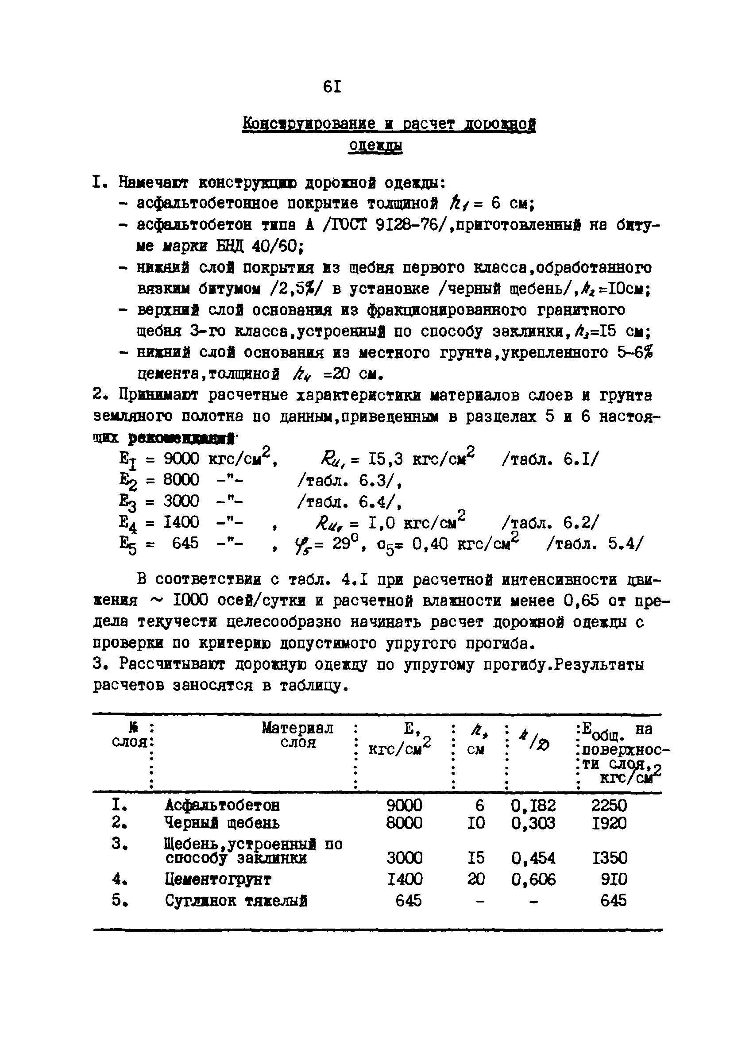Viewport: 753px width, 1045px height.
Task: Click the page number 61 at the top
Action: [x=332, y=86]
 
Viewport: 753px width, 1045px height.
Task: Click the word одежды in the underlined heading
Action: [x=375, y=146]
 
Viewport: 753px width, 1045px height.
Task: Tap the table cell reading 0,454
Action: [x=533, y=858]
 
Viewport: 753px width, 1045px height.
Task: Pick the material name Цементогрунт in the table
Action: [x=217, y=879]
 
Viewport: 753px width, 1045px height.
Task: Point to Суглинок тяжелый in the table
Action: [x=236, y=901]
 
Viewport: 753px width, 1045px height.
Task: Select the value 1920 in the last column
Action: [x=608, y=823]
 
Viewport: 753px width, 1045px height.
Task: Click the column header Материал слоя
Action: [x=297, y=735]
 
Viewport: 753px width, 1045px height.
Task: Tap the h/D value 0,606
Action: [x=533, y=879]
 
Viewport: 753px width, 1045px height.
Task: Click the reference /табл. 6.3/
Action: [x=349, y=481]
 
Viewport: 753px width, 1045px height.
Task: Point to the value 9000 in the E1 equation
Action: [x=181, y=459]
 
